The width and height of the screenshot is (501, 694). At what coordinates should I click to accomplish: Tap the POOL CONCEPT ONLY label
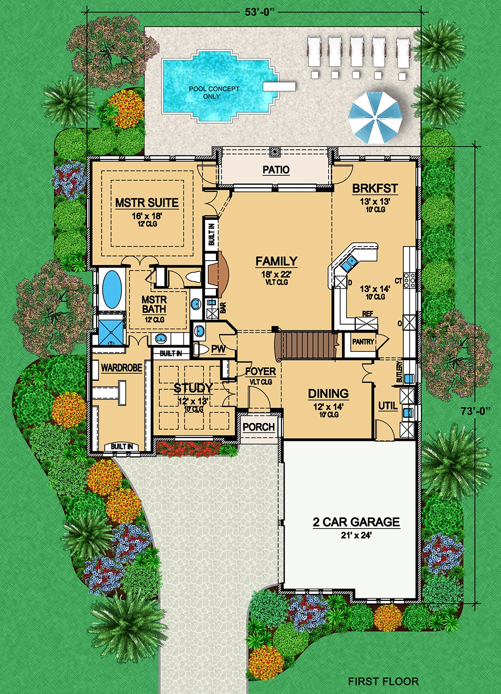(214, 92)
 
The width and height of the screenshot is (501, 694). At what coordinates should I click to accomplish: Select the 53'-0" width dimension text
(260, 12)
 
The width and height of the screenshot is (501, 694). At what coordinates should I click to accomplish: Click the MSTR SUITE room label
(147, 203)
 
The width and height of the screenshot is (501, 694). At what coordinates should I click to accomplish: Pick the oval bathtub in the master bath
(112, 289)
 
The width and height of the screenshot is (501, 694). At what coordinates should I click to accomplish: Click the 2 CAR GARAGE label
(356, 522)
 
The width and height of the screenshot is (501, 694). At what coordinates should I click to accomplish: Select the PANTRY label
(363, 342)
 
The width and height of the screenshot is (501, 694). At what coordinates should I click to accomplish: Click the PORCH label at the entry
(259, 427)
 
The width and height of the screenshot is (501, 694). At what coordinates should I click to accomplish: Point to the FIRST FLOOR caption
(383, 681)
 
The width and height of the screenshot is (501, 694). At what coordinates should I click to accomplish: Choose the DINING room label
(328, 394)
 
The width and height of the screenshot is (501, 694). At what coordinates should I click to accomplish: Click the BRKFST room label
(375, 189)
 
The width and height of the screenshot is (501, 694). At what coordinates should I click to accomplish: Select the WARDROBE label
(121, 368)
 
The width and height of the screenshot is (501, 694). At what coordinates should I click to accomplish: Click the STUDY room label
(193, 388)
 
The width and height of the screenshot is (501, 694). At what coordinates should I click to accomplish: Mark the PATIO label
(276, 170)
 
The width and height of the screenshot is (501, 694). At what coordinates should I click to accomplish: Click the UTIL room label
(388, 406)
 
